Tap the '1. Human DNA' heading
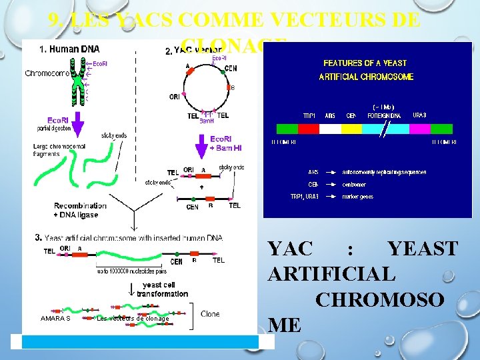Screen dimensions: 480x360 (x=69, y=49)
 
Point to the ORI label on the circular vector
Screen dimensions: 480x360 (x=175, y=97)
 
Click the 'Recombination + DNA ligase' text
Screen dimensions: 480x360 (x=80, y=210)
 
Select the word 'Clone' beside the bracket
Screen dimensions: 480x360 (x=210, y=313)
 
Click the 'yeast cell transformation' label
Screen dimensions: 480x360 (x=163, y=289)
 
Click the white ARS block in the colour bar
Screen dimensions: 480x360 (x=330, y=129)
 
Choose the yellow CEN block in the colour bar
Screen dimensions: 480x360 (x=351, y=129)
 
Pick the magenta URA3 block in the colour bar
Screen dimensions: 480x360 (x=420, y=129)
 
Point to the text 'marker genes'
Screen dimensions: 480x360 (x=358, y=197)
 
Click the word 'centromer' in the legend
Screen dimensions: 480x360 (x=355, y=185)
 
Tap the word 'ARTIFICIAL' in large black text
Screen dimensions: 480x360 (x=331, y=273)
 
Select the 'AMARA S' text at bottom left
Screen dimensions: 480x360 (x=55, y=319)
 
